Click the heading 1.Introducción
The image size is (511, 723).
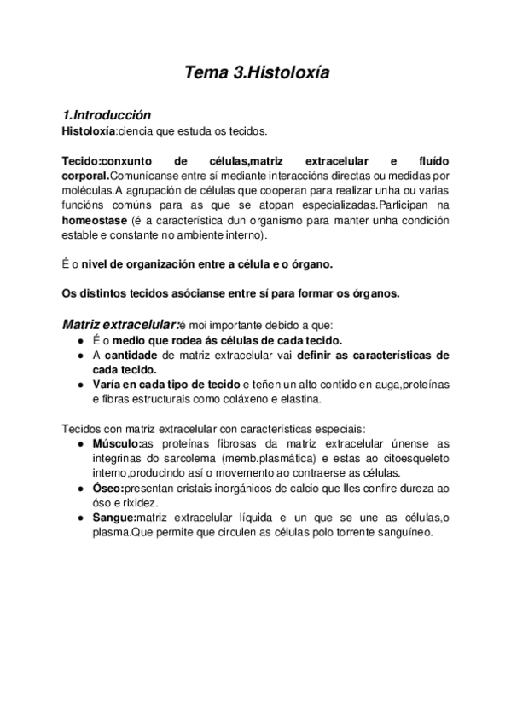pyautogui.click(x=107, y=115)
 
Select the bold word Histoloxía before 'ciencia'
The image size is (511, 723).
pyautogui.click(x=89, y=130)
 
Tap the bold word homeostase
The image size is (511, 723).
pyautogui.click(x=96, y=220)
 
